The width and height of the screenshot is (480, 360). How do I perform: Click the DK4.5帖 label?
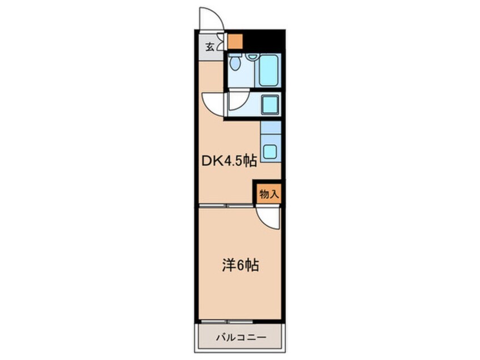230,162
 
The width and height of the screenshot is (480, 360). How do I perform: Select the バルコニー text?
240,338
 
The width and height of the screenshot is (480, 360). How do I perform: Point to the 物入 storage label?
268,193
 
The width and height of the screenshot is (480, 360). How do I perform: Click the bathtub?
269,71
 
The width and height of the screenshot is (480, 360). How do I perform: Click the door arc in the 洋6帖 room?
267,215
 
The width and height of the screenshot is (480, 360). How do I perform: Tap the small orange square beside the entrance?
234,41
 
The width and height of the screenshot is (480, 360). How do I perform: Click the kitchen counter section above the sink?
271,131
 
